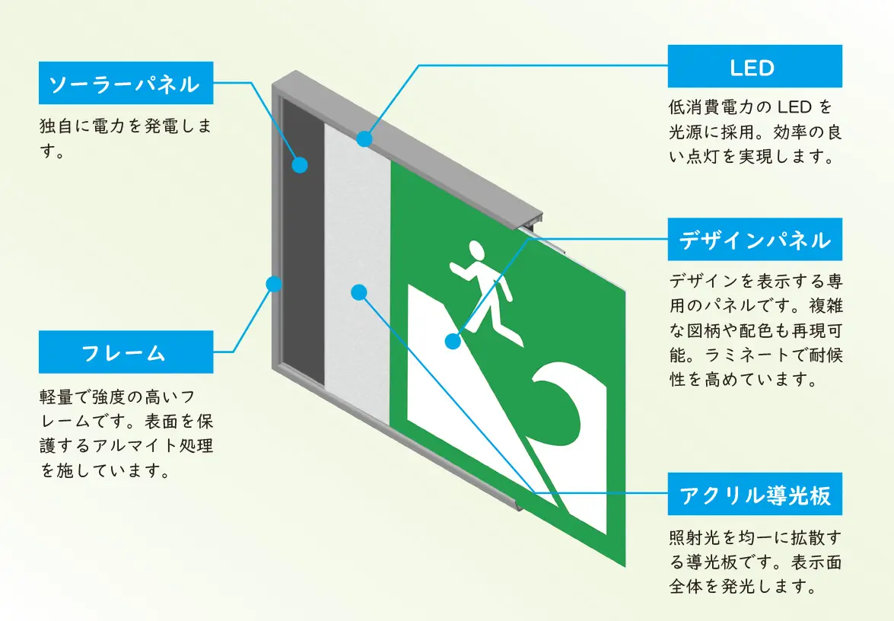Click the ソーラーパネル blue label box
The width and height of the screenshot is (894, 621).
pos(126,83)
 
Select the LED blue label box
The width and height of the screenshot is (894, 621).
pos(754,67)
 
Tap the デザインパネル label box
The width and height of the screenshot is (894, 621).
pos(754,240)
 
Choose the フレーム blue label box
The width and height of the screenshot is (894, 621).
pos(126,352)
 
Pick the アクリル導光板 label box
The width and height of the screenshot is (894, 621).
pos(754,495)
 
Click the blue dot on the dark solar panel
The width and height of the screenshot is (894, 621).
pos(301,164)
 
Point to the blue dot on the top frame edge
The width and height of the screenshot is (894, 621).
pos(364,139)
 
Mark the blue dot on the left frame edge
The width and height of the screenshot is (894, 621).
pos(274,284)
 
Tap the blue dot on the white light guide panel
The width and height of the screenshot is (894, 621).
pos(360,291)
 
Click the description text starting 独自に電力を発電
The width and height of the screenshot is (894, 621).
pos(126,138)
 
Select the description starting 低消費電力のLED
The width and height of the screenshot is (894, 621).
pos(754,131)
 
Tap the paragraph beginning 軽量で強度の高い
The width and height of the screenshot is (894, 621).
pos(126,433)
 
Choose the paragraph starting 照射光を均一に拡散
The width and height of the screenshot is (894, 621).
pos(754,562)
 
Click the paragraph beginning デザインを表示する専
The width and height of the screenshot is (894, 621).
pos(754,330)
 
